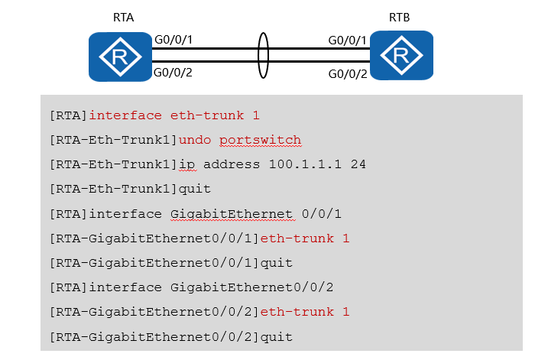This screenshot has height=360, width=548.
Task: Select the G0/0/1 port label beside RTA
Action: (x=173, y=39)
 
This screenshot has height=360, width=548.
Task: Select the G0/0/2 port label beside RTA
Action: (x=173, y=73)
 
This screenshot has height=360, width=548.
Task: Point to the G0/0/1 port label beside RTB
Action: (x=348, y=39)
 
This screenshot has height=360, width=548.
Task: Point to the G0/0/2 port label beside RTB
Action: (x=348, y=74)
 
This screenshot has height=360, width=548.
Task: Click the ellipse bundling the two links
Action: (x=264, y=56)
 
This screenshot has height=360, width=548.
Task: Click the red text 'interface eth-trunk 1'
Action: (x=174, y=115)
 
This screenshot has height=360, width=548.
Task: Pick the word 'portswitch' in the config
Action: (x=260, y=140)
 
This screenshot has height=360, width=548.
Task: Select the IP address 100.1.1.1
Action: (x=308, y=164)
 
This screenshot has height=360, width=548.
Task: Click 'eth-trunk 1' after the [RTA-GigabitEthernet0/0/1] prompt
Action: (x=304, y=238)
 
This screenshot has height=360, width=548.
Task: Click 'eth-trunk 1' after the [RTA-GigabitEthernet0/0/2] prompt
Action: (x=304, y=312)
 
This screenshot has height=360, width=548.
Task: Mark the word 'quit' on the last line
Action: (x=276, y=336)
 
